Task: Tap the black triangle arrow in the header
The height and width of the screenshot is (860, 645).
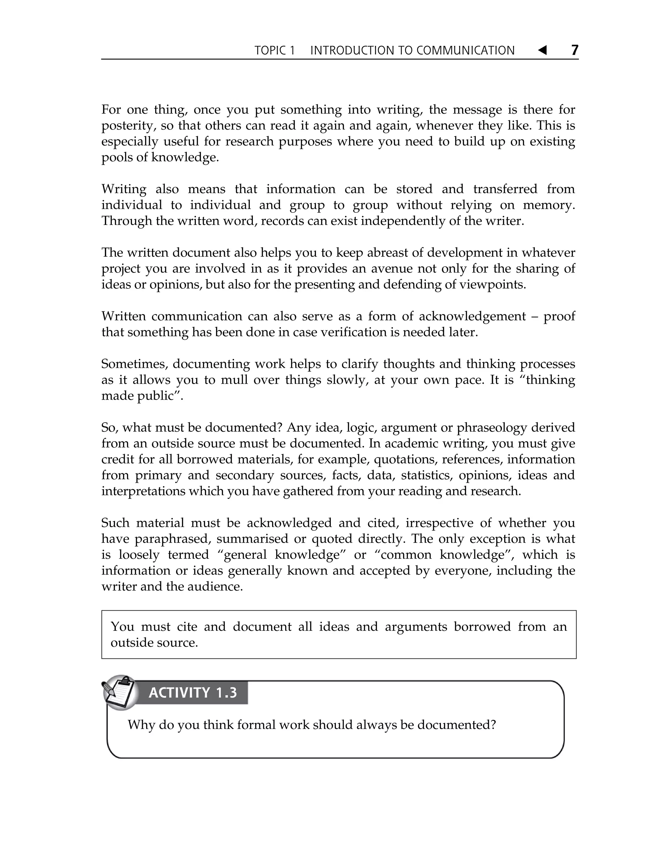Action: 542,50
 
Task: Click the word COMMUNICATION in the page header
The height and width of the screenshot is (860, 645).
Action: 465,51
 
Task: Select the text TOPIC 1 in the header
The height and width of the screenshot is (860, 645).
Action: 275,51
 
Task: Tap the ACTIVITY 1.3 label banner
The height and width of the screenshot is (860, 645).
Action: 192,693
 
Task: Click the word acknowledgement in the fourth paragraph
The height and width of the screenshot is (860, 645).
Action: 472,316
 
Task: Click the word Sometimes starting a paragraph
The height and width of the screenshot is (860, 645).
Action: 134,364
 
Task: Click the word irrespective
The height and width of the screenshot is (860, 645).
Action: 439,523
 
